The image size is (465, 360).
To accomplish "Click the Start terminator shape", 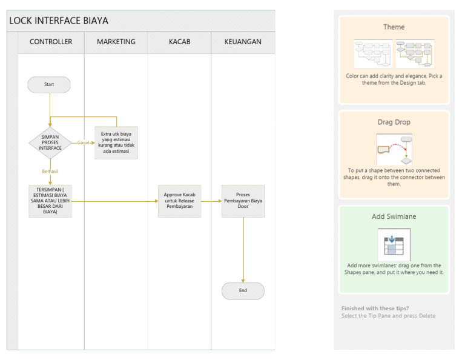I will coord(49,85).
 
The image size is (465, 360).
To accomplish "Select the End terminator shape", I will coord(243,291).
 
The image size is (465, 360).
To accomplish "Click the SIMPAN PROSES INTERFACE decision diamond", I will coord(50,142).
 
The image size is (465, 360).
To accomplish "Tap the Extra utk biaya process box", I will coord(116,142).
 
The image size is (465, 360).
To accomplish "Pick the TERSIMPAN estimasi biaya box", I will coord(50,201).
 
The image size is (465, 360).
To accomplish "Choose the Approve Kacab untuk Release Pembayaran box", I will coord(179,201).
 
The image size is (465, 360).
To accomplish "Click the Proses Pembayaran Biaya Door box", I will coord(243,201).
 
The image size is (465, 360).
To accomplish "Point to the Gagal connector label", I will coord(84,142).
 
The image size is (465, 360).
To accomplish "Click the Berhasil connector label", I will coord(50,172).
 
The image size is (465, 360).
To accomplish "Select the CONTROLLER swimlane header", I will coord(51,42).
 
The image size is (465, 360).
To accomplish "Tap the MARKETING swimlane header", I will coord(116,42).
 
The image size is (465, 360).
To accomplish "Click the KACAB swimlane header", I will coord(179,42).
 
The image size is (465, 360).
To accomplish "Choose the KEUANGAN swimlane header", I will coord(242,42).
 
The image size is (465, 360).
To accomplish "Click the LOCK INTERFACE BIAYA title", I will coord(59,21).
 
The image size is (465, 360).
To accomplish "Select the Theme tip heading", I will coord(394,27).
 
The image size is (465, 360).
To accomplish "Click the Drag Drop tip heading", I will coord(394,122).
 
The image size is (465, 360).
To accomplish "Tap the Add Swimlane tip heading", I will coord(394,216).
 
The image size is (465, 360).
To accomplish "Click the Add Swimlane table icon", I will coord(394,244).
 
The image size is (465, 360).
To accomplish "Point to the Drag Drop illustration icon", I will coord(394,149).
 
